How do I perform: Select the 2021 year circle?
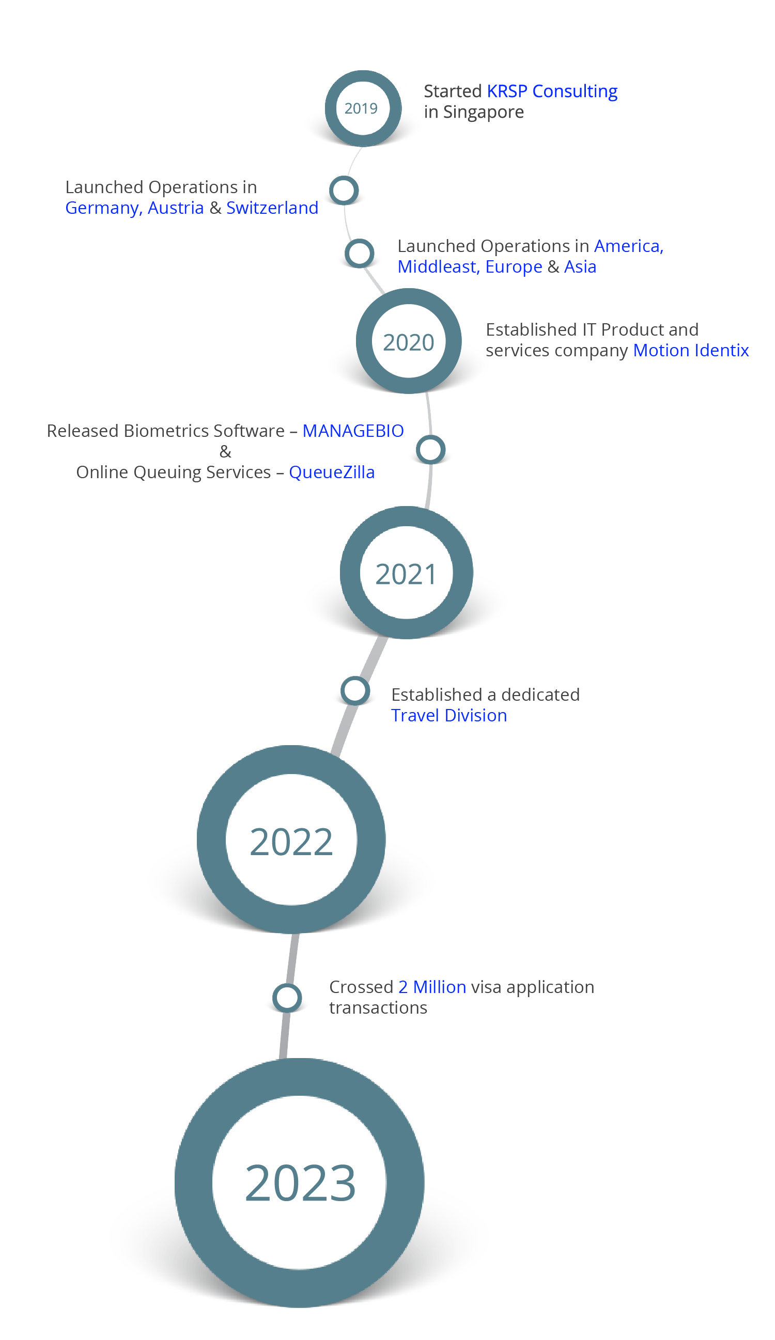[407, 573]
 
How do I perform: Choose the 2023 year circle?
[300, 1182]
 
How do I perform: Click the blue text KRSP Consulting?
[552, 91]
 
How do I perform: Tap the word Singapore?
[483, 112]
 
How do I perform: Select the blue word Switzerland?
[272, 208]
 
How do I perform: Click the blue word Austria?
[176, 208]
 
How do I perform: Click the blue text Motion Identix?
[690, 351]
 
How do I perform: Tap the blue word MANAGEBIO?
[353, 431]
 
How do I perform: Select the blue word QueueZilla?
[331, 472]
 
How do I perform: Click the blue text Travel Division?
[448, 716]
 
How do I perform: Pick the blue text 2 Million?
[431, 987]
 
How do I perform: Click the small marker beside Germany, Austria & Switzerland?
[344, 191]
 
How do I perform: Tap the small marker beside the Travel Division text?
[355, 691]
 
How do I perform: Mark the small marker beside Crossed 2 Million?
[287, 998]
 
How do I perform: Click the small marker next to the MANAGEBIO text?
[430, 449]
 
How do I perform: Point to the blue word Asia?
[580, 267]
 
